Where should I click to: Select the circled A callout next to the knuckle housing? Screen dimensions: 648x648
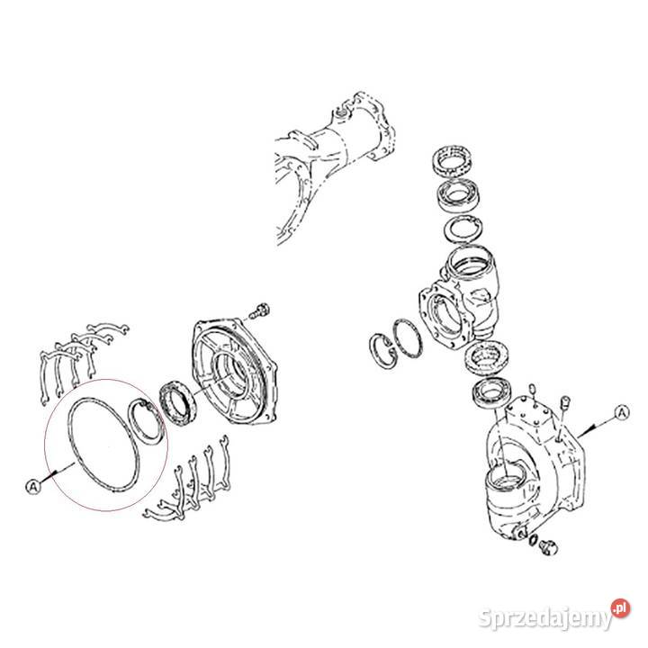point(621,411)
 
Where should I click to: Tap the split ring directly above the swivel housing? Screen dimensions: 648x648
point(464,229)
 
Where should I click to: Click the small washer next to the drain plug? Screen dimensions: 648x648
point(535,540)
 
